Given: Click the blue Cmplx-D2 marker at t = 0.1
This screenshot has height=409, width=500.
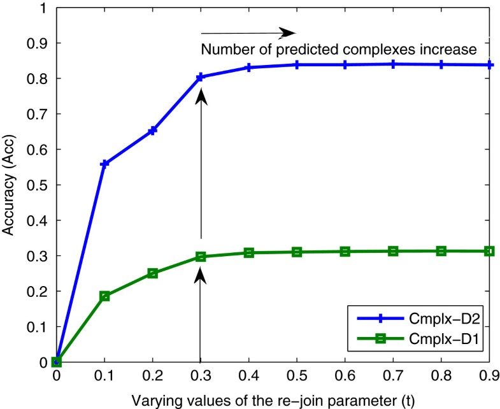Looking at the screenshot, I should click(x=105, y=164).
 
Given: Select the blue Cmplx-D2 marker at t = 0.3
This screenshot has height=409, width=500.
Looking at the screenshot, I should click(x=201, y=77).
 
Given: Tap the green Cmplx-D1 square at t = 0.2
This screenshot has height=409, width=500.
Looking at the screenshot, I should click(x=153, y=273).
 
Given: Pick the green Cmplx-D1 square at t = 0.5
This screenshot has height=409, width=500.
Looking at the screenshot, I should click(x=297, y=252).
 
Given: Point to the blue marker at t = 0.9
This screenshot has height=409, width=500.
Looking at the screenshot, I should click(x=489, y=65).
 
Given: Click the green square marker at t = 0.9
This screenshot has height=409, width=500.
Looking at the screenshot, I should click(x=489, y=251).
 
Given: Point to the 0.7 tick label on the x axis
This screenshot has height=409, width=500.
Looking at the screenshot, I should click(x=393, y=377).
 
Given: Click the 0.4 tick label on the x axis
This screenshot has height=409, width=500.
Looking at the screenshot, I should click(x=249, y=377).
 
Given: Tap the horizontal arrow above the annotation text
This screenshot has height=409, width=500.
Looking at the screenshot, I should click(x=248, y=32).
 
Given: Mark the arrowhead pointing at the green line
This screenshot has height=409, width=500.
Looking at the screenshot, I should click(x=201, y=275).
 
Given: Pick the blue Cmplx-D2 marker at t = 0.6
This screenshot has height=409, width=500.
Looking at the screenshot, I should click(x=345, y=65).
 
